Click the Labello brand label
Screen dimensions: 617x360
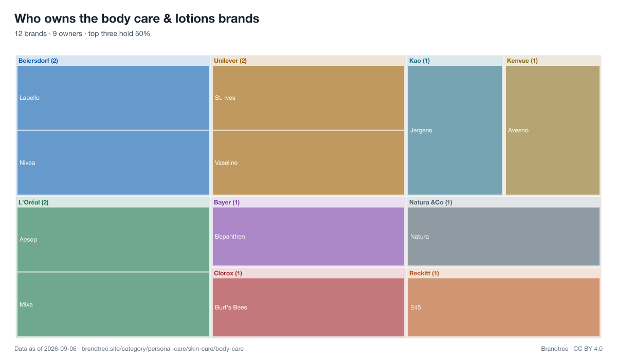pos(29,98)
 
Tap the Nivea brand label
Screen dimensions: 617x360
pos(27,163)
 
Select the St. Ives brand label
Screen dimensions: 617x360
pos(225,98)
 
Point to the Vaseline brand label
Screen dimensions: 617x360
pos(226,163)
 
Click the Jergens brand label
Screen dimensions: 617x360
pos(421,130)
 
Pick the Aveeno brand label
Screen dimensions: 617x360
pos(518,130)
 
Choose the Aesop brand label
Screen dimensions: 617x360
pos(28,239)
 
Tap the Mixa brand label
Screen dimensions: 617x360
pos(26,304)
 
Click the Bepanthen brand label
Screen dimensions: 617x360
pos(230,237)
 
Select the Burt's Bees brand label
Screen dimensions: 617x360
pos(231,308)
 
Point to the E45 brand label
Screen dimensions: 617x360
pos(415,308)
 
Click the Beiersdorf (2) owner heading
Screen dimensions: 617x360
pos(38,61)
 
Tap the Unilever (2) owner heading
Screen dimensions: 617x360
pos(230,61)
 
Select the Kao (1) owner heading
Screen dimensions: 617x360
pos(420,61)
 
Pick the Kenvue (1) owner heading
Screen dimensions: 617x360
pos(522,61)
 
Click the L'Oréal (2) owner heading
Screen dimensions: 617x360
pos(33,203)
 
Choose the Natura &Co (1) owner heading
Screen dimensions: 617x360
pos(430,203)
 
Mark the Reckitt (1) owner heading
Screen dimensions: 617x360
pos(424,273)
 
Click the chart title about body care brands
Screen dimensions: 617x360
pos(137,19)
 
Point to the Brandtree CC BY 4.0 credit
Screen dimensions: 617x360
pos(572,349)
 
